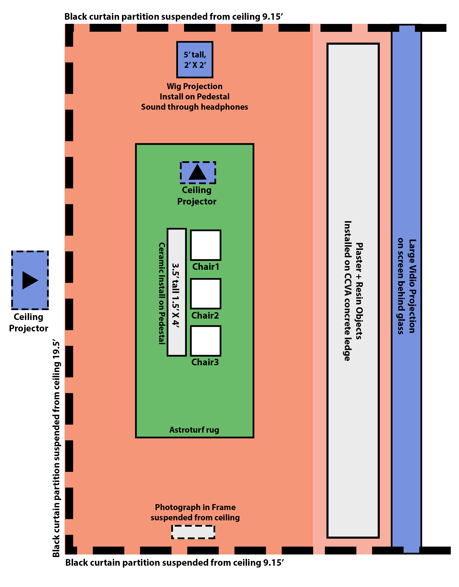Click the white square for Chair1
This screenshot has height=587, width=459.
point(206,245)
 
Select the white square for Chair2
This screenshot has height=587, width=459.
point(206,294)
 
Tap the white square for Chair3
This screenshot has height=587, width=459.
point(206,341)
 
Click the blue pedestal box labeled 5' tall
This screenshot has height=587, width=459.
point(195,60)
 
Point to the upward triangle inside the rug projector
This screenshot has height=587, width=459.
point(198,172)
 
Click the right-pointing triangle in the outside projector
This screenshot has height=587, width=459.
point(30,280)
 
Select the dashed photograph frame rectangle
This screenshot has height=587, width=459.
point(193,532)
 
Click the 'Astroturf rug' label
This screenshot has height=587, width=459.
point(194,430)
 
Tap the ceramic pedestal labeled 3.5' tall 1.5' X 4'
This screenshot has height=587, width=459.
point(177,292)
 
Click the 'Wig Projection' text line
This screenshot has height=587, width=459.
point(195,86)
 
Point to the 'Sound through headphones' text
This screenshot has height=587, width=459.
point(195,107)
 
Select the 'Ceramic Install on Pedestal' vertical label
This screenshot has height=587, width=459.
point(162,293)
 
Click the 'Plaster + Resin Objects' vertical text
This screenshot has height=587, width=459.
point(359,291)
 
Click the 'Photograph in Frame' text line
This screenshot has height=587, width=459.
point(195,507)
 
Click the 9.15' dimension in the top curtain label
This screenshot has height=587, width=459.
point(272,17)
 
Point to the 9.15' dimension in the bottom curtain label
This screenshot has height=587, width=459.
point(274,562)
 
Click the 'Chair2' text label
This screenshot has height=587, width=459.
point(205,315)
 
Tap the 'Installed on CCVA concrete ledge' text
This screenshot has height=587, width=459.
point(348,291)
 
